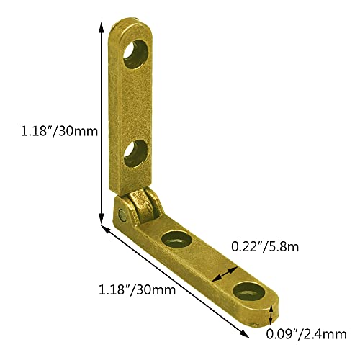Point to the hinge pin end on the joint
pyautogui.click(x=123, y=215)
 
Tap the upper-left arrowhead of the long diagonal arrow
pyautogui.click(x=104, y=230)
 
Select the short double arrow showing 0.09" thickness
pyautogui.click(x=270, y=314)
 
